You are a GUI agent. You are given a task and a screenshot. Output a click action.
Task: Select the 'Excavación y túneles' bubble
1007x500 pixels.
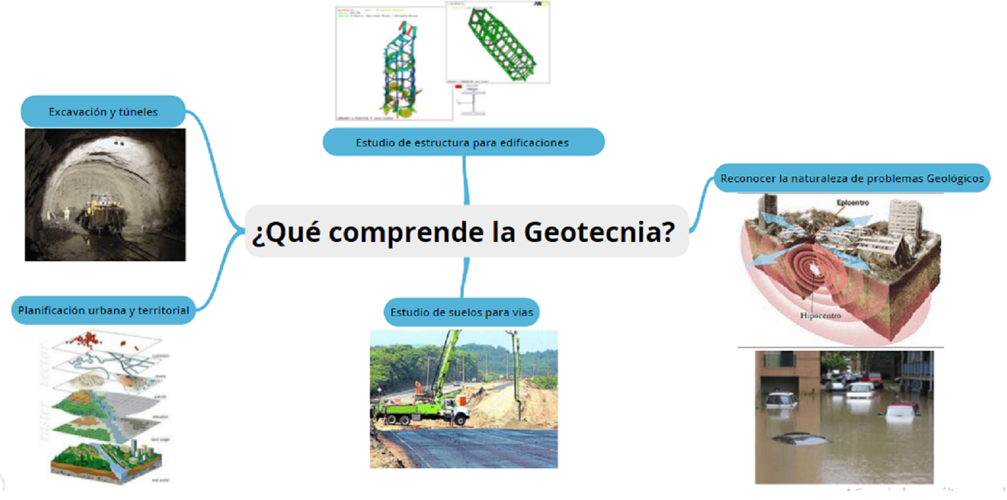[103, 112]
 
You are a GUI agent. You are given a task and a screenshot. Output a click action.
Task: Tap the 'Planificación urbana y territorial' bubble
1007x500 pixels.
[103, 310]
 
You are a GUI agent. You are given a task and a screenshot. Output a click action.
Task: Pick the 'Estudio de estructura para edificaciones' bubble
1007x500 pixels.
[463, 143]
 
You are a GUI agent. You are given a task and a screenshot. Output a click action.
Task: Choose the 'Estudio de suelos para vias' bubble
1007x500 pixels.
[461, 312]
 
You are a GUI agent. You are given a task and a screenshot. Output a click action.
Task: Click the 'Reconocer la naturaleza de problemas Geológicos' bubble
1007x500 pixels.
[852, 179]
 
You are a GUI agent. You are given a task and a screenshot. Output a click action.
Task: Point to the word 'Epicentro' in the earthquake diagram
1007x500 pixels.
[852, 203]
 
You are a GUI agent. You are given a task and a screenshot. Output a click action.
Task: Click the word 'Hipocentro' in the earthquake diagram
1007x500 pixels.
[820, 315]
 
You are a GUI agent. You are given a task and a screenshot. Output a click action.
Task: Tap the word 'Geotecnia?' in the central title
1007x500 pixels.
[599, 232]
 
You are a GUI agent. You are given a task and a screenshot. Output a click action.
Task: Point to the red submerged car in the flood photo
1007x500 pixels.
[901, 411]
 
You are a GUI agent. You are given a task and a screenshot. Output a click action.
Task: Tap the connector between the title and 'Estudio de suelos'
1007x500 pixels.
[464, 277]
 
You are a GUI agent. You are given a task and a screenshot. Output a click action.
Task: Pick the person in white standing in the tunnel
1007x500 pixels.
[67, 213]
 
